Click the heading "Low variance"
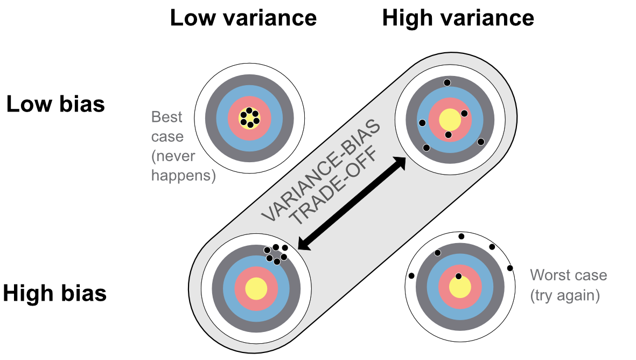pyautogui.click(x=243, y=18)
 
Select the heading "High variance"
pyautogui.click(x=458, y=18)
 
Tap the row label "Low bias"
pyautogui.click(x=55, y=103)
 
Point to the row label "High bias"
pyautogui.click(x=54, y=294)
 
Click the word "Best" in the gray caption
pyautogui.click(x=167, y=117)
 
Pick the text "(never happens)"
pyautogui.click(x=183, y=166)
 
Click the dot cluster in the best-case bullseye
pyautogui.click(x=249, y=118)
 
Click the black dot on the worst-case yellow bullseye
pyautogui.click(x=458, y=276)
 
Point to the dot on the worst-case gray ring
pyautogui.click(x=437, y=253)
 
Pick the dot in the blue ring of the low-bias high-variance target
pyautogui.click(x=422, y=123)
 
